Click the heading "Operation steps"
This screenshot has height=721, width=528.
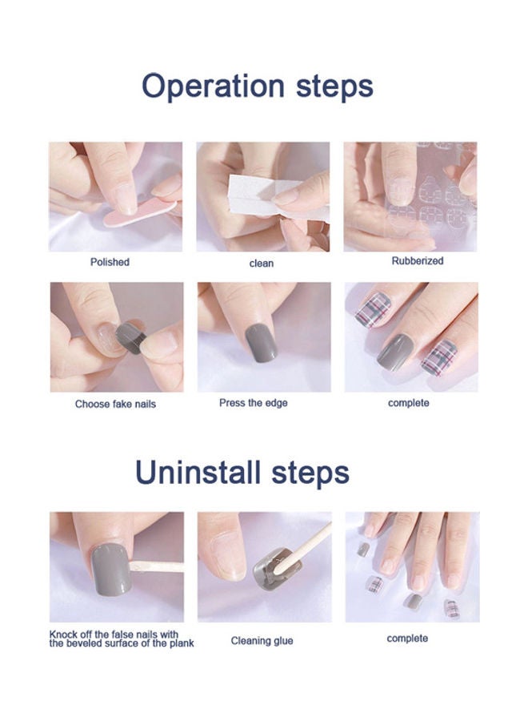click(258, 86)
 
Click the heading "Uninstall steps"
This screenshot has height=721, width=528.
click(242, 472)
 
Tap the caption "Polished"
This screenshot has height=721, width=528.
click(110, 262)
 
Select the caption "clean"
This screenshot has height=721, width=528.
click(262, 263)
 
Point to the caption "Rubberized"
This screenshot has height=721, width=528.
click(417, 261)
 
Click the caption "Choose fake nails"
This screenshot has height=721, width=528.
click(115, 404)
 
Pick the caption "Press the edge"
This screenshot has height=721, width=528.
click(253, 403)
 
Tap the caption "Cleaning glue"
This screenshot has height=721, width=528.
click(262, 641)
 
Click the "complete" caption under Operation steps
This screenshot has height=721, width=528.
click(408, 403)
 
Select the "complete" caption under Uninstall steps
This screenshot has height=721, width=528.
click(407, 638)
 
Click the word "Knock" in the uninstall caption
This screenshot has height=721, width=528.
click(65, 634)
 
